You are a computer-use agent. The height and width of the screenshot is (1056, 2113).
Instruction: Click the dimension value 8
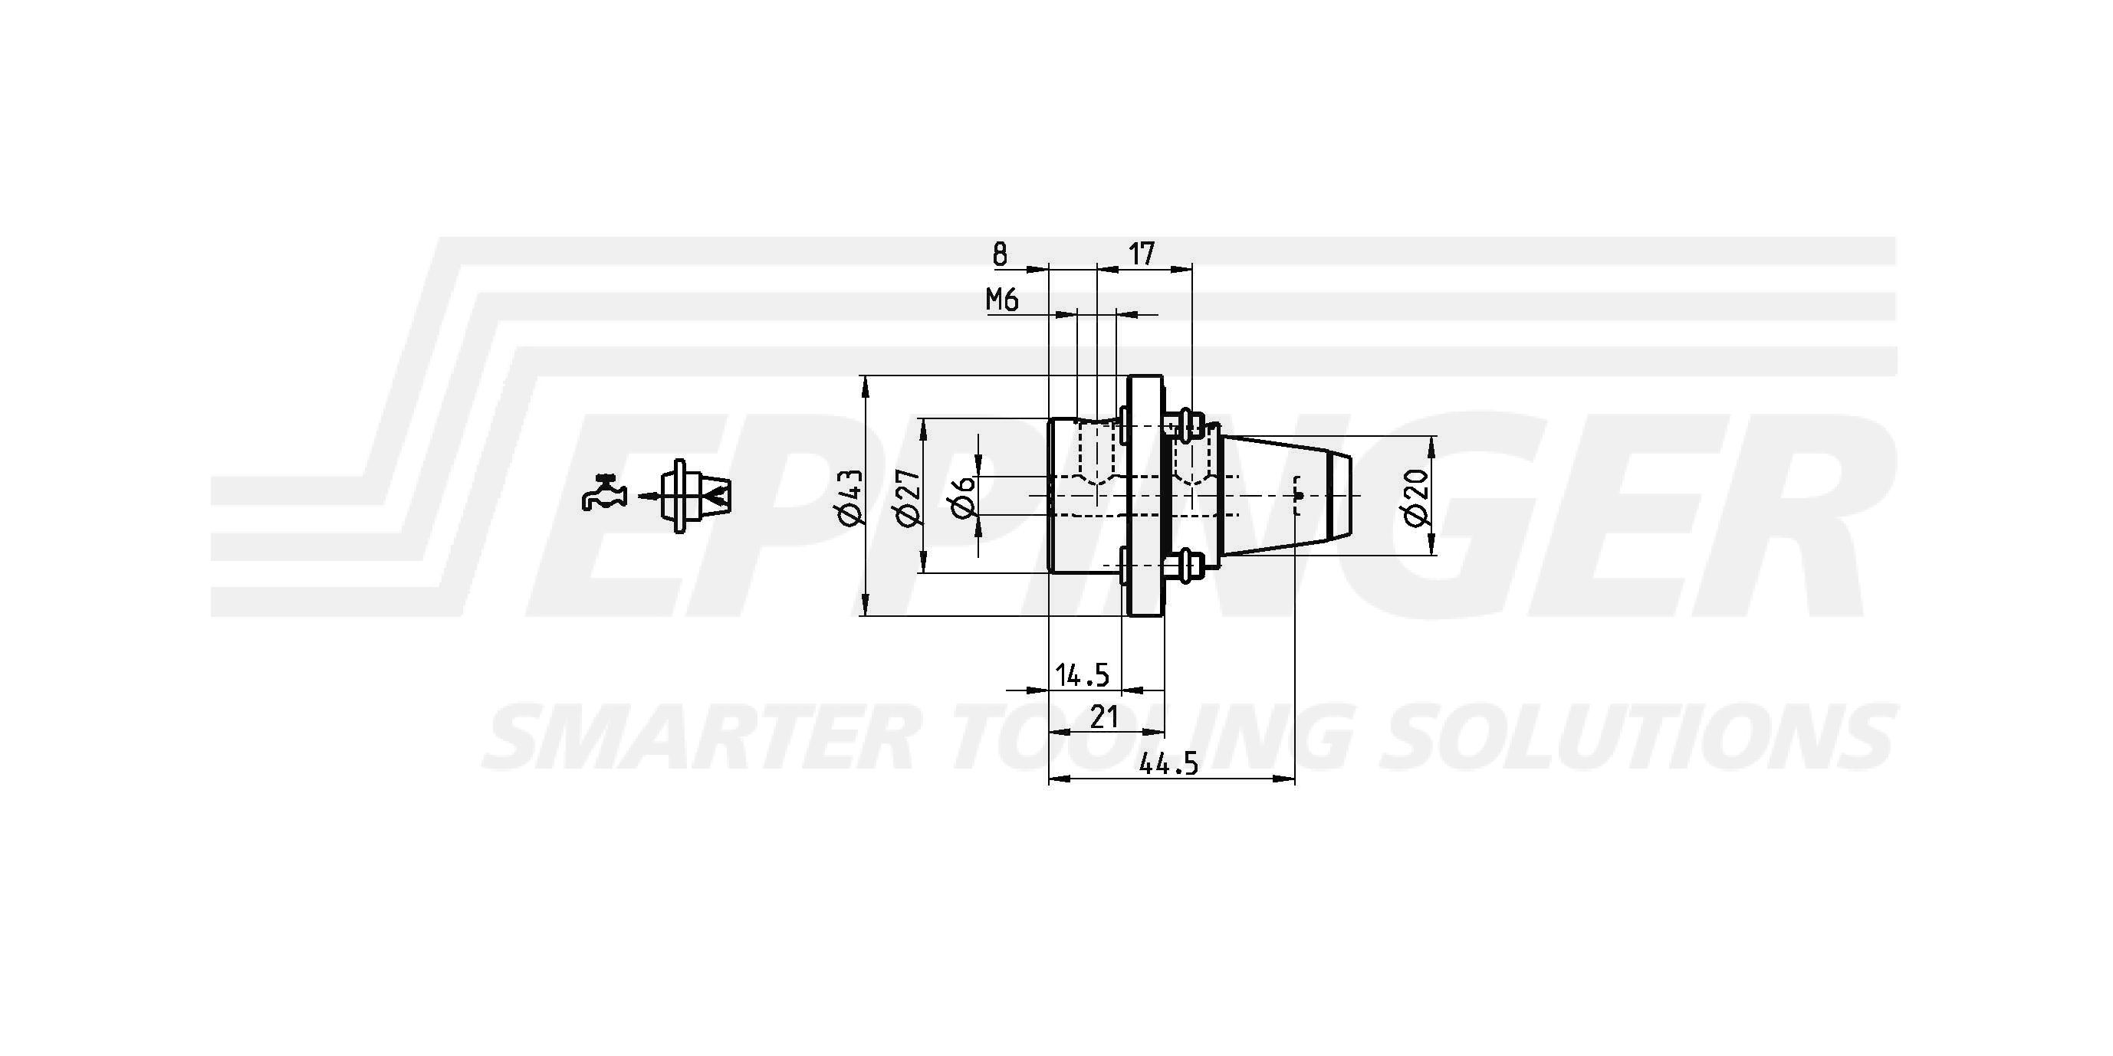pos(1000,255)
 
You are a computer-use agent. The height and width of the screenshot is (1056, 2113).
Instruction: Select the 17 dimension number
pos(1141,254)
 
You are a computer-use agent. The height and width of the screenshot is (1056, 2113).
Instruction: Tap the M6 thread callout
pos(1001,300)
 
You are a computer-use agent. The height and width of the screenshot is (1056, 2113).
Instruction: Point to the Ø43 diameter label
pos(849,496)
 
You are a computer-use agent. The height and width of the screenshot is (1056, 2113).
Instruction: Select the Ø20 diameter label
pos(1417,497)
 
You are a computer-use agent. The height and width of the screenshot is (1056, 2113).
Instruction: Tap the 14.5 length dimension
pos(1082,676)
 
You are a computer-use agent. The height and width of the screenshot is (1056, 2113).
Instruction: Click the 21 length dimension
pos(1104,717)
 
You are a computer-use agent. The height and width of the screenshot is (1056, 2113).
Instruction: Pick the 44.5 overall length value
pos(1170,764)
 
